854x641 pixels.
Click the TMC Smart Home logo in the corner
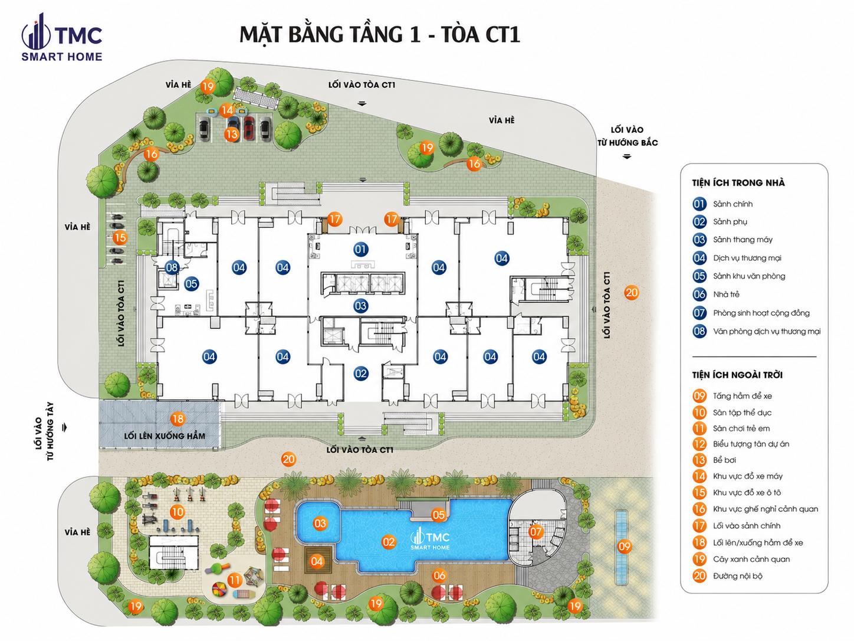tap(62, 37)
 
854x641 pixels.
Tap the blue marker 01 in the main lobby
tap(361, 249)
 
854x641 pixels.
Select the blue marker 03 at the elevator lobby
tap(360, 306)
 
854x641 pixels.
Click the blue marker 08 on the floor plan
tap(172, 267)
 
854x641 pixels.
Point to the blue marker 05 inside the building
tap(191, 284)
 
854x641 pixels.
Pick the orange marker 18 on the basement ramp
tap(178, 418)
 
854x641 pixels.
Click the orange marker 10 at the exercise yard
tap(177, 512)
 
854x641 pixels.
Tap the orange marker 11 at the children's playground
tap(234, 580)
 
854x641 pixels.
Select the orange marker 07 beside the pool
tap(536, 532)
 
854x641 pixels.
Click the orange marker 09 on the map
tap(624, 547)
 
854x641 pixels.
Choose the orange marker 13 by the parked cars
tap(232, 134)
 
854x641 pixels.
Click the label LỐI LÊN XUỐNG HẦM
tap(164, 436)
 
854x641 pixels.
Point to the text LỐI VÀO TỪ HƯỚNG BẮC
tap(627, 136)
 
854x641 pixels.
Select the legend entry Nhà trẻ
tap(726, 294)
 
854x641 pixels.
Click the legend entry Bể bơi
tap(724, 460)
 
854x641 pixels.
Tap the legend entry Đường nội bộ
tap(737, 576)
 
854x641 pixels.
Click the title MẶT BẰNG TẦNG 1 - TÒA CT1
tap(379, 35)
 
